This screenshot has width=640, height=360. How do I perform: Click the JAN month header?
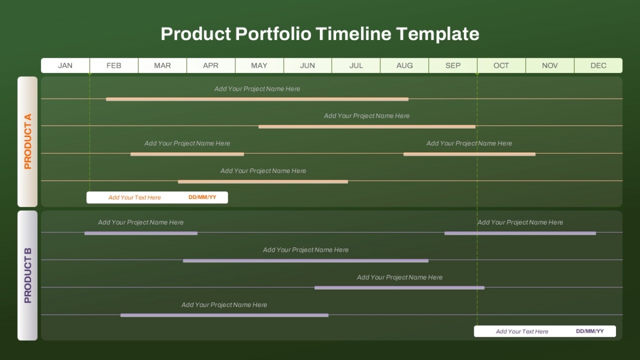click(65, 66)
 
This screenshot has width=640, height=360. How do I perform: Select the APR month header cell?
click(211, 66)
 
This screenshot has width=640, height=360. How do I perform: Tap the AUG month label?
click(404, 66)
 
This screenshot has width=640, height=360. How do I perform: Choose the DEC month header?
click(598, 66)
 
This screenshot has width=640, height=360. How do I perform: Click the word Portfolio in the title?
click(273, 34)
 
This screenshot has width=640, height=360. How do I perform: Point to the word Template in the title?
click(437, 34)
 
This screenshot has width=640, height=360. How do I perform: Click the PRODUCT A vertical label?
click(28, 141)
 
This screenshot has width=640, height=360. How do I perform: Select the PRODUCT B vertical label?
click(28, 275)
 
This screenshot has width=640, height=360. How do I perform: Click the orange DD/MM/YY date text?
click(202, 197)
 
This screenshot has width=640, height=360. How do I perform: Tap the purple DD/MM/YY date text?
click(590, 331)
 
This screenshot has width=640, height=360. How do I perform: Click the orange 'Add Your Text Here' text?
click(134, 197)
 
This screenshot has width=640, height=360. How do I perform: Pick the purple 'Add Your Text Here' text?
click(522, 331)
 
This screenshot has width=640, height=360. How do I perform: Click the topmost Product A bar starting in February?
click(257, 99)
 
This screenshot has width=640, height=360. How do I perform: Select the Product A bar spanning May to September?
click(367, 126)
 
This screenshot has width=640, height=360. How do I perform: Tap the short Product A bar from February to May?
click(187, 154)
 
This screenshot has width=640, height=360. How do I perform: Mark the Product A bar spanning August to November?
click(469, 154)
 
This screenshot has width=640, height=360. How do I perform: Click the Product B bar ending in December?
click(521, 233)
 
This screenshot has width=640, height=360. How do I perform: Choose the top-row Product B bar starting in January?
click(141, 233)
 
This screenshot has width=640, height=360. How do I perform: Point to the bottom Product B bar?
click(225, 315)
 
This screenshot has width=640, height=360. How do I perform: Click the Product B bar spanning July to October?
click(399, 287)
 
